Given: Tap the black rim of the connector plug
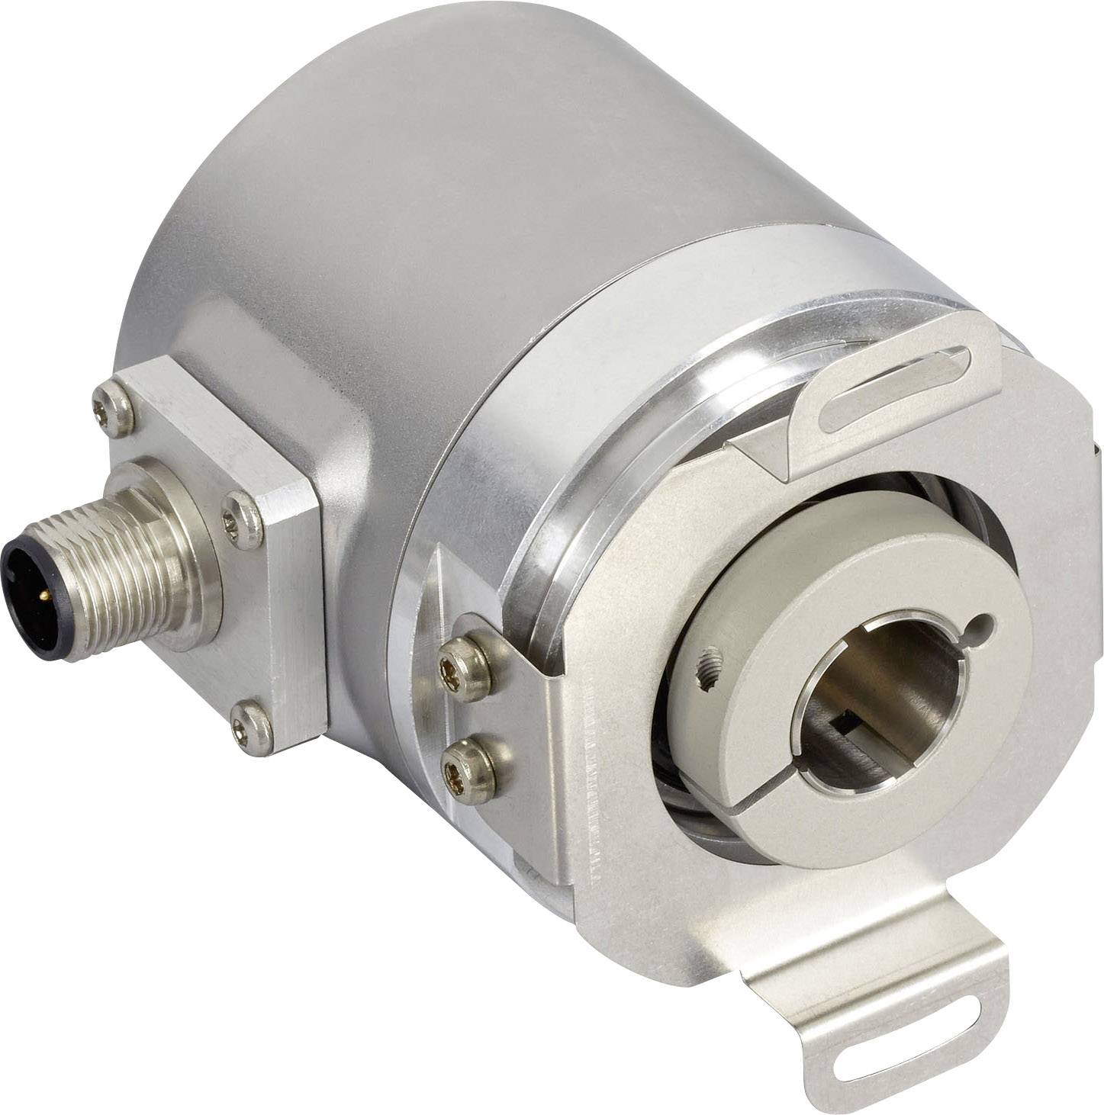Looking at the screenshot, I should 17,580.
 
